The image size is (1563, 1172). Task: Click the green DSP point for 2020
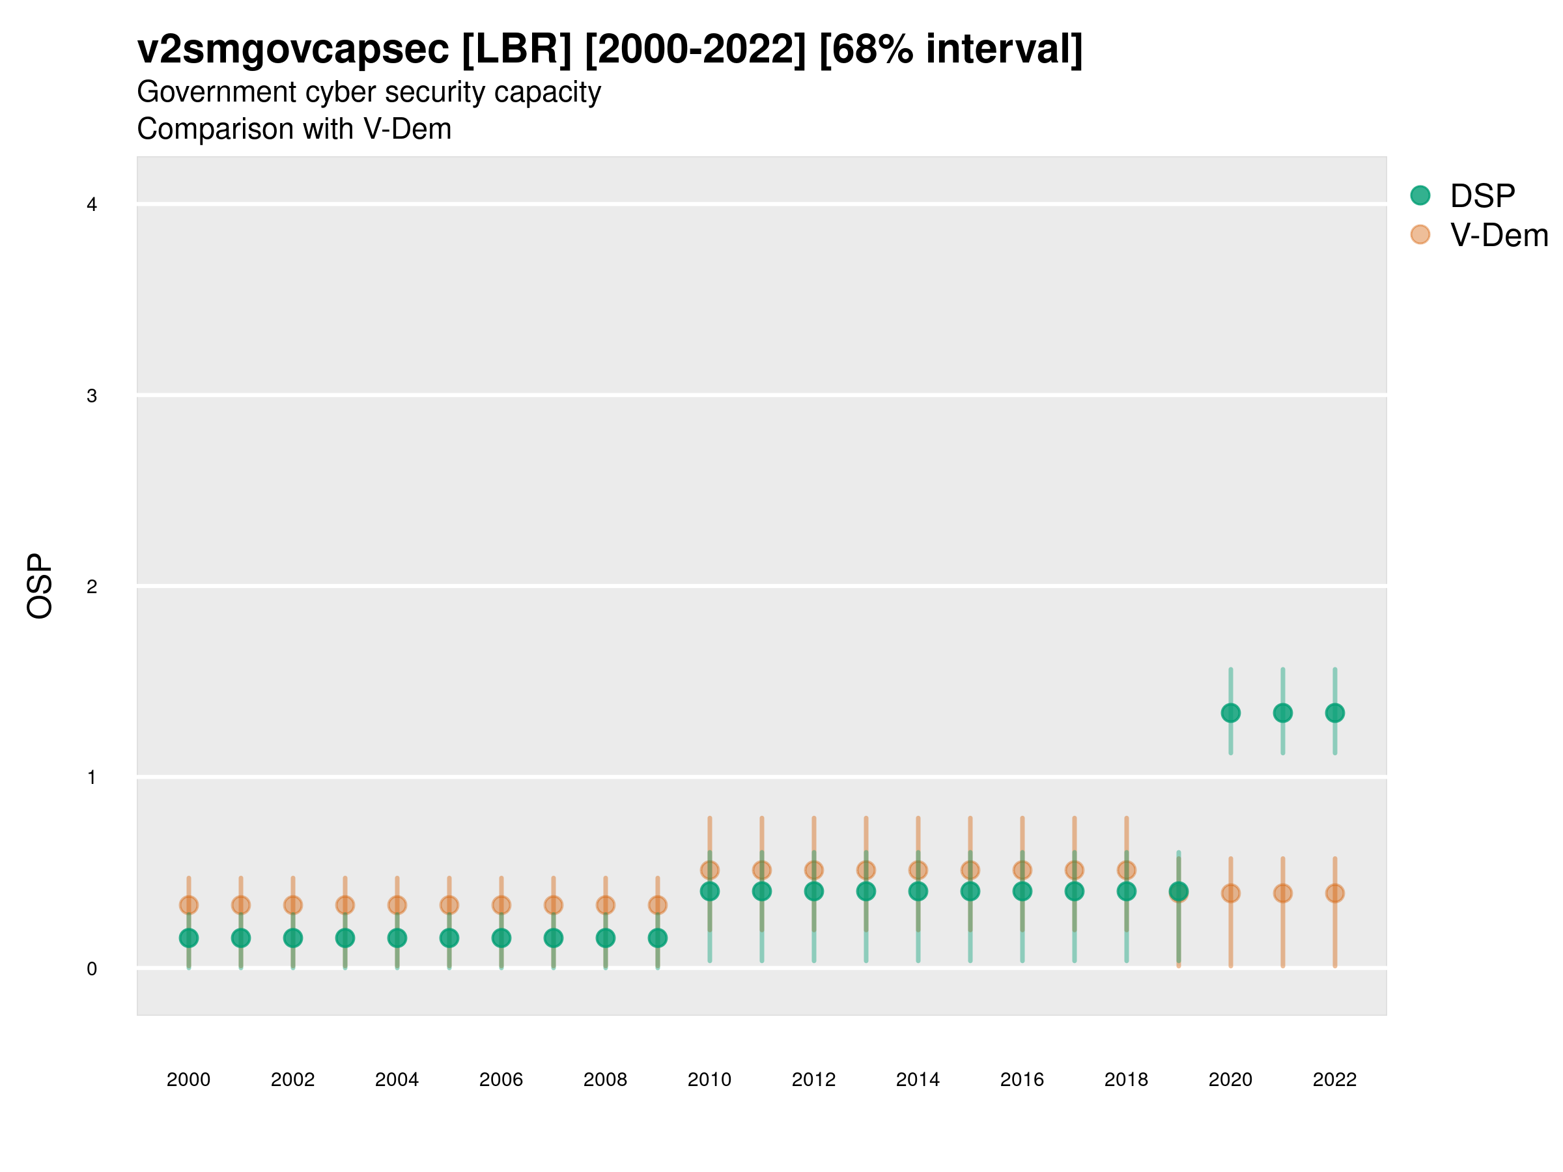(x=1230, y=713)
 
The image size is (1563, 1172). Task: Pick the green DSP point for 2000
(x=189, y=938)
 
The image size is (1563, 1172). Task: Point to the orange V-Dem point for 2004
(x=397, y=905)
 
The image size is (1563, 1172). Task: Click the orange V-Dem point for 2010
(x=709, y=871)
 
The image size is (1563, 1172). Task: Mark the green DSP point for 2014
(x=918, y=891)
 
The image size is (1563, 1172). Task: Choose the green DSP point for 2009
(x=658, y=938)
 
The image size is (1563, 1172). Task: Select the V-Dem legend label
(x=1499, y=235)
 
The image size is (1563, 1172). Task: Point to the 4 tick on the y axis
(x=92, y=205)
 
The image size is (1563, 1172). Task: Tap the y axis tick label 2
(x=92, y=587)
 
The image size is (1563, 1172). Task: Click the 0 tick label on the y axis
(x=92, y=969)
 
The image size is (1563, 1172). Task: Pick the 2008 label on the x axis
(x=606, y=1080)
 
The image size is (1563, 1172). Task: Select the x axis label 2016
(x=1022, y=1080)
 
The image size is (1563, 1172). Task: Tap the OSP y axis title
(x=40, y=587)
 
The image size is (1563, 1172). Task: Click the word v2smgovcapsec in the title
(x=292, y=49)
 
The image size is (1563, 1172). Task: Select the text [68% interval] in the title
(x=950, y=49)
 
